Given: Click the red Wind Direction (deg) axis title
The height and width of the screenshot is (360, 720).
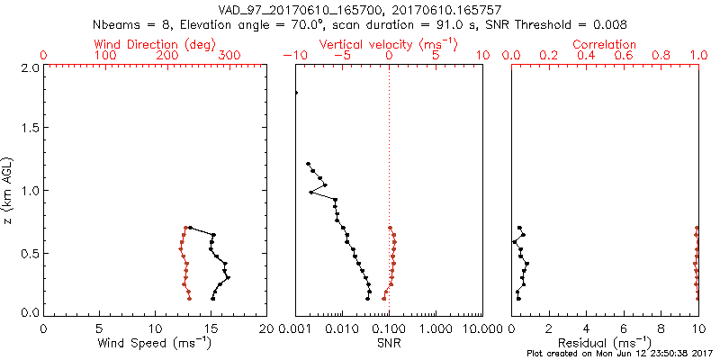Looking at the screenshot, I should (155, 44).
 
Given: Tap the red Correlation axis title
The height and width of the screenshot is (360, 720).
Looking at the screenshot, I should (605, 44).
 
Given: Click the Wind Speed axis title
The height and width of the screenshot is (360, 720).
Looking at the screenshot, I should (155, 343).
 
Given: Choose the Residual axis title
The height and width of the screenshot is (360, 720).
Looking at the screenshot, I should (605, 343).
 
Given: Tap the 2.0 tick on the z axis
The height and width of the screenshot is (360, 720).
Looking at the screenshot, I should (29, 67).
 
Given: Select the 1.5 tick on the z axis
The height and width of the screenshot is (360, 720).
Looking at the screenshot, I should (29, 129).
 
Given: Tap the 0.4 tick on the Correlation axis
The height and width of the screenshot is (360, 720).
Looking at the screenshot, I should (587, 56).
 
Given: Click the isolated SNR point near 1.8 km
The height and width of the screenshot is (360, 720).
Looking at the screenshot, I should (296, 93).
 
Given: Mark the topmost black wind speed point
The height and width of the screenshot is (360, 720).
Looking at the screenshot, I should (190, 228).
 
